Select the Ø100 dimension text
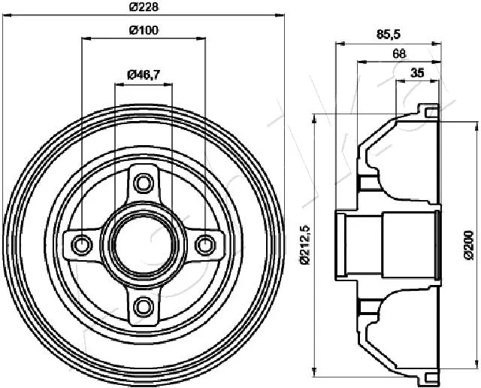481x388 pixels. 143,30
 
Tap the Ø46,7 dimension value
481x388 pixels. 142,74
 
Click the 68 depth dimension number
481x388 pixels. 401,53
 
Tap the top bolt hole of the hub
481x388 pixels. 143,182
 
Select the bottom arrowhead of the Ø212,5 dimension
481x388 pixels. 313,371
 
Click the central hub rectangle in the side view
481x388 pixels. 410,244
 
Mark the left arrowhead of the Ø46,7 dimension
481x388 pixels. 117,82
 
